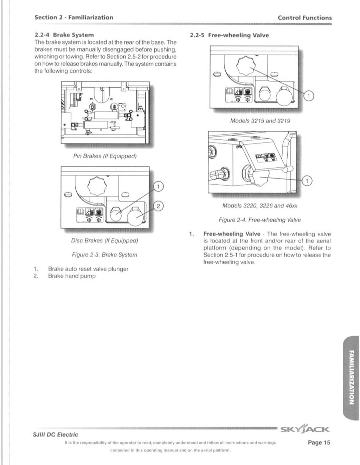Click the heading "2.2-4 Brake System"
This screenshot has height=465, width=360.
click(64, 35)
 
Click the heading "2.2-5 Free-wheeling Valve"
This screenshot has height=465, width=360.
click(229, 35)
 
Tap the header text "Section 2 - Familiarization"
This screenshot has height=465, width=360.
click(74, 17)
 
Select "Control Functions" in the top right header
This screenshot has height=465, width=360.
click(304, 18)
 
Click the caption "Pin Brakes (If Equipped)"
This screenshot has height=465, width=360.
click(105, 156)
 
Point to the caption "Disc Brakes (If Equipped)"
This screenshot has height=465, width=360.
click(104, 241)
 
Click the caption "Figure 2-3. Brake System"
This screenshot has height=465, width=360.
click(104, 255)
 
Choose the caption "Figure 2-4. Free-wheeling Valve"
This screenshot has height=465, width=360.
click(259, 220)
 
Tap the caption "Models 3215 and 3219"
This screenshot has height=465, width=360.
click(260, 121)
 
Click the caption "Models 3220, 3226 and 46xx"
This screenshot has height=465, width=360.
click(260, 205)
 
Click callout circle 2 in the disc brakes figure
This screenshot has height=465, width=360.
click(158, 206)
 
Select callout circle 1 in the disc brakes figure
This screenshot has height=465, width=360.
click(158, 186)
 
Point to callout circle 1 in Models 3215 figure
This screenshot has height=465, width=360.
click(308, 96)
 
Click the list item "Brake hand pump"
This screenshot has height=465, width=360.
click(72, 276)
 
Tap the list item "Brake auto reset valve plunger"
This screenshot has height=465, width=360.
click(88, 269)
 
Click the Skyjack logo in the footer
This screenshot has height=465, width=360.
click(305, 429)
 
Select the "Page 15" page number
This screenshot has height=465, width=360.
click(319, 442)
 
